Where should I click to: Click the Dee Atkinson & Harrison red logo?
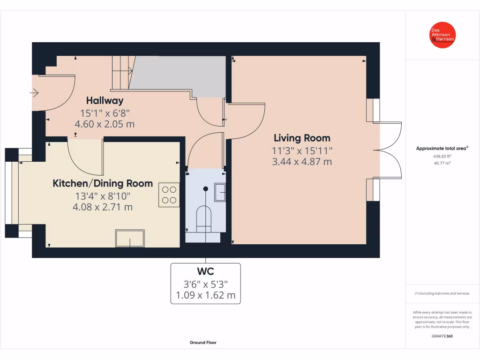(442, 35)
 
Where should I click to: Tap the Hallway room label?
(105, 101)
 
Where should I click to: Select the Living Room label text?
(302, 138)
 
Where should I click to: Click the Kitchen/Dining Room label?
(103, 183)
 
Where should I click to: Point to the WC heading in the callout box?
(205, 271)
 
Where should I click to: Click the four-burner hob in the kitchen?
(169, 195)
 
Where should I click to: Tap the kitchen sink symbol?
(130, 238)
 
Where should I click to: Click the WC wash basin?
(220, 192)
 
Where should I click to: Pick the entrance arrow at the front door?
(34, 93)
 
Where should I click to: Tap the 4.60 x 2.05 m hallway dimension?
(105, 124)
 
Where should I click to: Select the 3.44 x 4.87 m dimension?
(302, 162)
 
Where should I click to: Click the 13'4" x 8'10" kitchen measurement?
(103, 196)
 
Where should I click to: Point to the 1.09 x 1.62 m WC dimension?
(205, 295)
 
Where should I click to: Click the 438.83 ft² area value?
(442, 156)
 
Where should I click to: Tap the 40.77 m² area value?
(442, 163)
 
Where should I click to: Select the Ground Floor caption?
(203, 343)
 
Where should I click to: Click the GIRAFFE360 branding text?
(442, 336)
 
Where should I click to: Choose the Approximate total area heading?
(442, 149)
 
